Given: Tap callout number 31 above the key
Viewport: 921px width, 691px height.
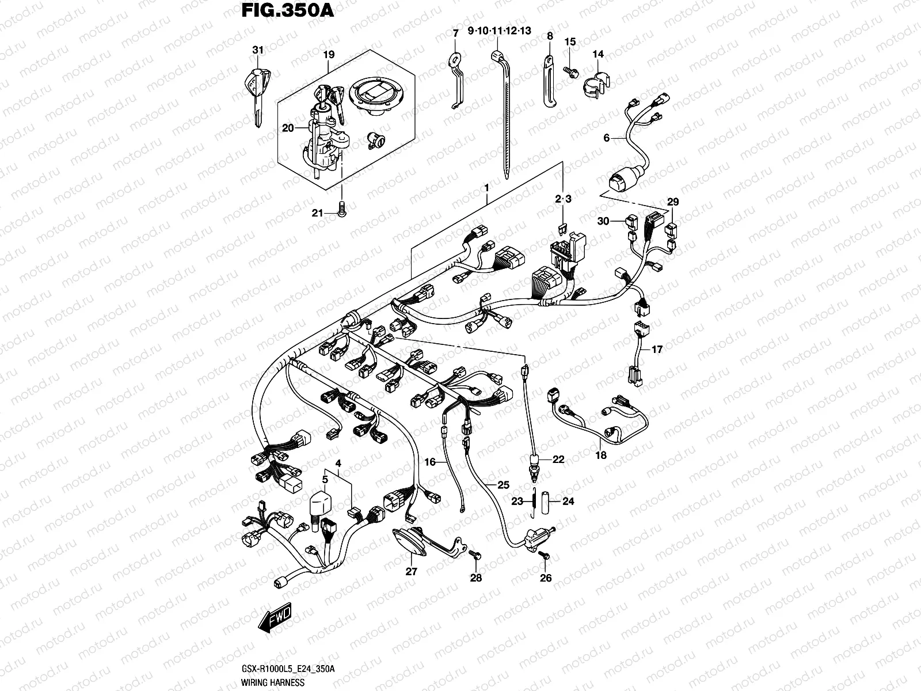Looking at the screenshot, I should tap(257, 51).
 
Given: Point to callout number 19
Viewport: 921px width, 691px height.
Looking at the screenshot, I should tap(328, 55).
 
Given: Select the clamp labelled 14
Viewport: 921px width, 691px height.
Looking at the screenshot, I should tap(597, 85).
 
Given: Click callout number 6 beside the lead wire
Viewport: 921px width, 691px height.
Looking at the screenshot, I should tap(606, 138).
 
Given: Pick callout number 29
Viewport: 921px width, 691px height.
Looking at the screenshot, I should tap(673, 202).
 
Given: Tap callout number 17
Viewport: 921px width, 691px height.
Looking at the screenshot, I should tap(657, 349).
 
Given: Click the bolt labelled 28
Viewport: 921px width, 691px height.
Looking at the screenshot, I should tap(475, 555).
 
